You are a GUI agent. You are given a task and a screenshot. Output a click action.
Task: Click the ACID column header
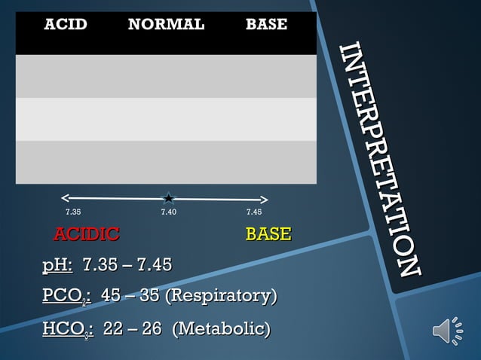tap(66, 24)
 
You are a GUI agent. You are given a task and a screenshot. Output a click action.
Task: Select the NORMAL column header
tap(166, 24)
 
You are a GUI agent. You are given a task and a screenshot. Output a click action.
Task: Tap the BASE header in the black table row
tap(266, 24)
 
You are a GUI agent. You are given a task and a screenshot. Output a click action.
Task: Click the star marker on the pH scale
tap(169, 199)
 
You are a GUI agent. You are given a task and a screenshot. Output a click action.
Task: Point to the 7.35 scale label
tap(73, 212)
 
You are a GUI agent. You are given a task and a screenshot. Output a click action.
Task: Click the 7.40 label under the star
tap(169, 212)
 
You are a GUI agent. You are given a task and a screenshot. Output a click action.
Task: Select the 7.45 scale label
tap(254, 212)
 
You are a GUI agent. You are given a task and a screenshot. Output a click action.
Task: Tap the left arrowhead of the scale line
tap(64, 199)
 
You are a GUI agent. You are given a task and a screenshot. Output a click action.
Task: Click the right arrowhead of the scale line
tap(265, 200)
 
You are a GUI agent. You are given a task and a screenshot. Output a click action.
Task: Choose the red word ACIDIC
tap(86, 234)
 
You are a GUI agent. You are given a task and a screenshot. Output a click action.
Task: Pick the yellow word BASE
tap(268, 234)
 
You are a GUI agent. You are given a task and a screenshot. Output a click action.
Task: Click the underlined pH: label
tap(57, 265)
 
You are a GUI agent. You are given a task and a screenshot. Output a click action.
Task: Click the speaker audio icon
tap(448, 331)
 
